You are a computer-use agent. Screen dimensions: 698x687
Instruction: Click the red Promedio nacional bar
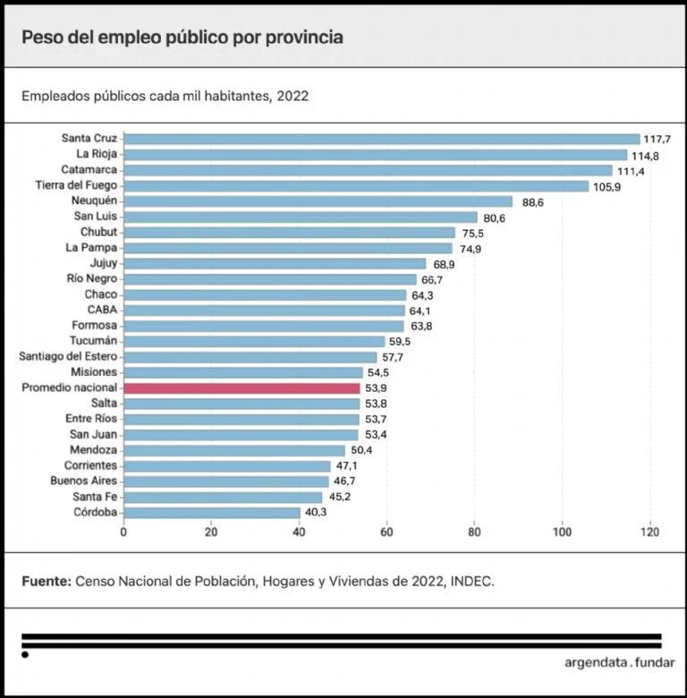(242, 387)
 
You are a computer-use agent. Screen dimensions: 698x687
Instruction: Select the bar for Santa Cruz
(382, 139)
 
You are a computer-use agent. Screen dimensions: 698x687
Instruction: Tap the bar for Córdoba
(212, 512)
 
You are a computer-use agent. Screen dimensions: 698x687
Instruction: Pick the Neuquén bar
(318, 201)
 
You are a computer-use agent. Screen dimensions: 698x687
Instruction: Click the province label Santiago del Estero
(68, 356)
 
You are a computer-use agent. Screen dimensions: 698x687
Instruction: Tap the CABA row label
(102, 310)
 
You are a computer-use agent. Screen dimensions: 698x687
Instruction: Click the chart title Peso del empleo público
(182, 38)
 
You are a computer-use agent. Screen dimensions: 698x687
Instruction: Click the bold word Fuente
(45, 581)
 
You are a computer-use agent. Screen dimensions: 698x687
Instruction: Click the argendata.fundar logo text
(620, 664)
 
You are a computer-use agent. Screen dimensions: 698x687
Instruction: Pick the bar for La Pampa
(288, 248)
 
